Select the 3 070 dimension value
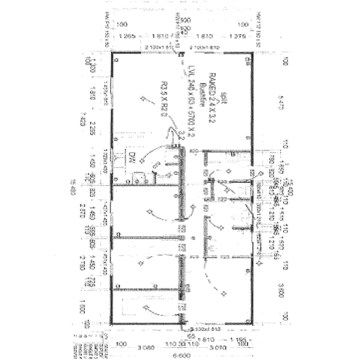point(218,348)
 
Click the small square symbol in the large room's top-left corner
point(116,60)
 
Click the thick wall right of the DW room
point(182,183)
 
